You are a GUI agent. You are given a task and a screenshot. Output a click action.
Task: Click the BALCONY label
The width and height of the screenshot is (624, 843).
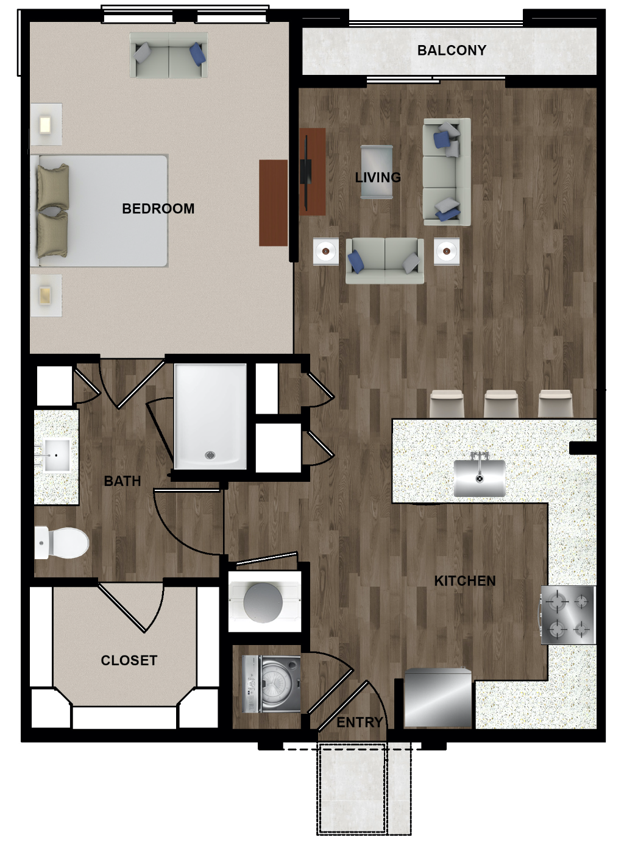[452, 50]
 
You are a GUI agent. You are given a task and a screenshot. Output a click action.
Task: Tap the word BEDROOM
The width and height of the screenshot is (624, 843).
[158, 208]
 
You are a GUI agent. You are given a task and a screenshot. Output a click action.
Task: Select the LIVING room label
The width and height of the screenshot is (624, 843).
[378, 177]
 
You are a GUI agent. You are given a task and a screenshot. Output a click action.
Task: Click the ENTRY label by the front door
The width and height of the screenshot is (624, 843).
[360, 722]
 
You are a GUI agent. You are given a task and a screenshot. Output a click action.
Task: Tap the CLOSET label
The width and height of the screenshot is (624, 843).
[129, 660]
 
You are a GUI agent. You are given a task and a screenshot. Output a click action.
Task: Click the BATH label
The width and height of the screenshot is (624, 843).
[122, 481]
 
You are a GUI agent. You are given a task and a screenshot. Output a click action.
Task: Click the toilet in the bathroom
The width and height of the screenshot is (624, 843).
[61, 543]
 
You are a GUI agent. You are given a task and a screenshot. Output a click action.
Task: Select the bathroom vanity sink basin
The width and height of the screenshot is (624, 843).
[56, 455]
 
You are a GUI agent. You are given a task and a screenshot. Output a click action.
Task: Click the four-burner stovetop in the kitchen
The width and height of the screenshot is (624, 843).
[568, 615]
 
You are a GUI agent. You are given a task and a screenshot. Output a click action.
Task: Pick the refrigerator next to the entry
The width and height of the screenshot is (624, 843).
[438, 698]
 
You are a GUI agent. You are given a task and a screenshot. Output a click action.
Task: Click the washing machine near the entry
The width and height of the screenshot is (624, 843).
[271, 684]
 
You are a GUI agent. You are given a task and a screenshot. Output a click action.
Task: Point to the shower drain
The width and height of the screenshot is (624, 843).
[210, 454]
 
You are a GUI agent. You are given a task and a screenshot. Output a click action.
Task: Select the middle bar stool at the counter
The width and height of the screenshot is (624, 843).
[501, 404]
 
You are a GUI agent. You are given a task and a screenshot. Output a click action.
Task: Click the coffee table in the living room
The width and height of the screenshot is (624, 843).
[377, 172]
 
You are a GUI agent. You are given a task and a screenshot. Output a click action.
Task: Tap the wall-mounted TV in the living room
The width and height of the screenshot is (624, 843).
[305, 172]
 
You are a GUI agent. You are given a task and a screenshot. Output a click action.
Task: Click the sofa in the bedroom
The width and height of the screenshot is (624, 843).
[168, 55]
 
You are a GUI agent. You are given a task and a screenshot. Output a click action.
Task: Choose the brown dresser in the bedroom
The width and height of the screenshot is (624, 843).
[273, 203]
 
